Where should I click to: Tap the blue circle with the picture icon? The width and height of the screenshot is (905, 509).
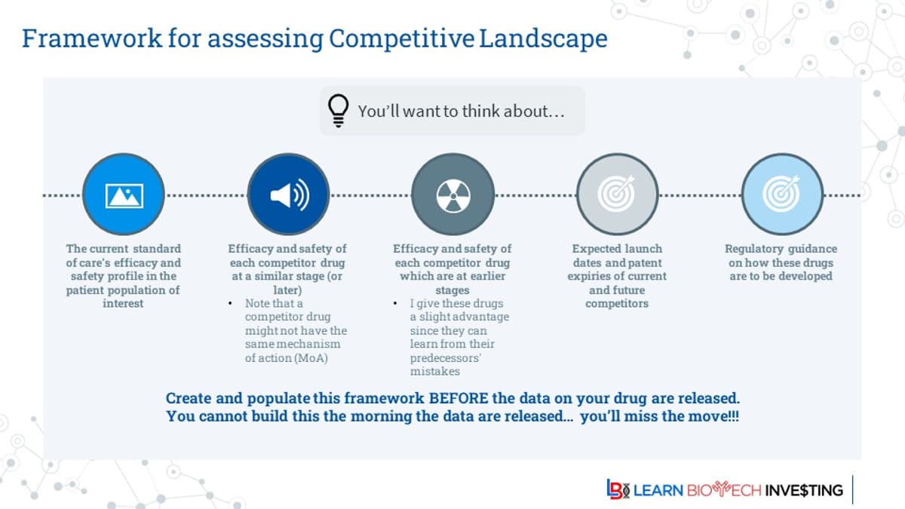click(x=124, y=195)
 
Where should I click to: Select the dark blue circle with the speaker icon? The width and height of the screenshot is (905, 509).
click(x=289, y=195)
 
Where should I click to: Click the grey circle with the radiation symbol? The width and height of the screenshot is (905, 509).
click(x=452, y=195)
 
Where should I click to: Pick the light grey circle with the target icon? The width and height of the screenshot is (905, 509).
click(x=617, y=195)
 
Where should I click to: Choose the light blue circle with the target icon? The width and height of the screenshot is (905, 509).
click(x=781, y=195)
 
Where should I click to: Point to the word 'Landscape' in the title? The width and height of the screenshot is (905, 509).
click(x=543, y=38)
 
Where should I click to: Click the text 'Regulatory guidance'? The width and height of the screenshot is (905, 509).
click(x=781, y=249)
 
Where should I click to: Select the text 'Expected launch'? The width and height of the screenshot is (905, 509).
click(x=616, y=249)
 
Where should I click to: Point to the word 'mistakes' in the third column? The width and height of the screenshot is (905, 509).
click(x=435, y=372)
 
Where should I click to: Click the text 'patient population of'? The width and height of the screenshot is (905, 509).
click(x=124, y=290)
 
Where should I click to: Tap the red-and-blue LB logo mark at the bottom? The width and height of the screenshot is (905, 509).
click(x=618, y=489)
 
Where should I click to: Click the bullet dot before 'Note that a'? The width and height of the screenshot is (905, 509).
click(x=231, y=303)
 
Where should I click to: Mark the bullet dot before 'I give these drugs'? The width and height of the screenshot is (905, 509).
click(x=395, y=303)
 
